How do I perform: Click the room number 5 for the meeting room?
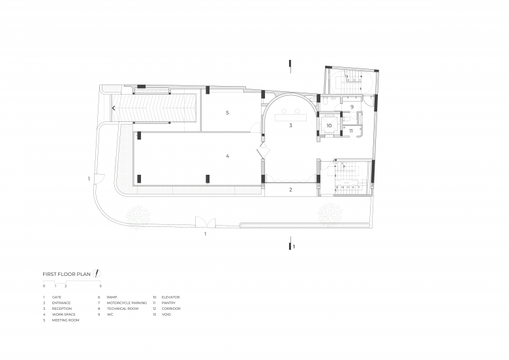tap(227, 113)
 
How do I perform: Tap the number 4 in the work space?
tap(227, 156)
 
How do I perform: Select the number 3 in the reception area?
tap(290, 125)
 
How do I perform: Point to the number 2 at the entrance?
tap(290, 190)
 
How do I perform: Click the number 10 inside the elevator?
tap(329, 125)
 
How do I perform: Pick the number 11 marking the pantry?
tap(351, 130)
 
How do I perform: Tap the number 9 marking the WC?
tap(352, 107)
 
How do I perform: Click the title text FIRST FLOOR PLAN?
tap(67, 274)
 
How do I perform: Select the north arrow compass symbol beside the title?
tap(97, 273)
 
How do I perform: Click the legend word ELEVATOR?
tap(170, 297)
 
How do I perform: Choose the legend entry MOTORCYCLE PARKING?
tap(127, 303)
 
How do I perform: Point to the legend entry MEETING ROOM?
tap(65, 320)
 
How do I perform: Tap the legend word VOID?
tap(166, 314)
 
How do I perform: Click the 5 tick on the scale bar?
tap(100, 286)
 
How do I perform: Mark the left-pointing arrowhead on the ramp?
tap(114, 108)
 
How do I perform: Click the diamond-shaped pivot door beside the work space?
tap(263, 151)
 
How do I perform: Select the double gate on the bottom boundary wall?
tap(205, 222)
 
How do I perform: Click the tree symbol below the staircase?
tap(330, 214)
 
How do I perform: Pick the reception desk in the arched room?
tap(291, 117)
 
